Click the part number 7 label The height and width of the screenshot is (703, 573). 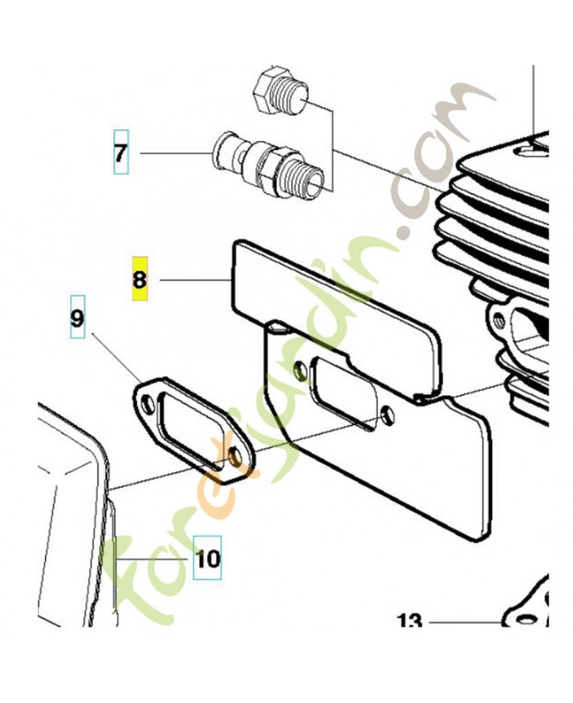[x=120, y=153]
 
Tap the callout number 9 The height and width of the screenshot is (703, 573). [x=77, y=317]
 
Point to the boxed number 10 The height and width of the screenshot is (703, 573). [x=207, y=558]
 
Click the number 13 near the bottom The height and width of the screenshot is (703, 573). [x=410, y=621]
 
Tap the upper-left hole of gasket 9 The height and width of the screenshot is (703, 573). [x=148, y=404]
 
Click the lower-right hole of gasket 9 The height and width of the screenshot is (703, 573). [x=235, y=457]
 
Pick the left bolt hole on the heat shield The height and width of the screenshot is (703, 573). [x=301, y=370]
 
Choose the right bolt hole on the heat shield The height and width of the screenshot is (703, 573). [x=388, y=417]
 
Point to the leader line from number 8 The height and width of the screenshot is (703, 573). [x=196, y=279]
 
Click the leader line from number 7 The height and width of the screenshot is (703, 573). [x=176, y=153]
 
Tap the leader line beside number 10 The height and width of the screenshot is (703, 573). [x=151, y=559]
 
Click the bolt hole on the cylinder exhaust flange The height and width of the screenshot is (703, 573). [x=497, y=320]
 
